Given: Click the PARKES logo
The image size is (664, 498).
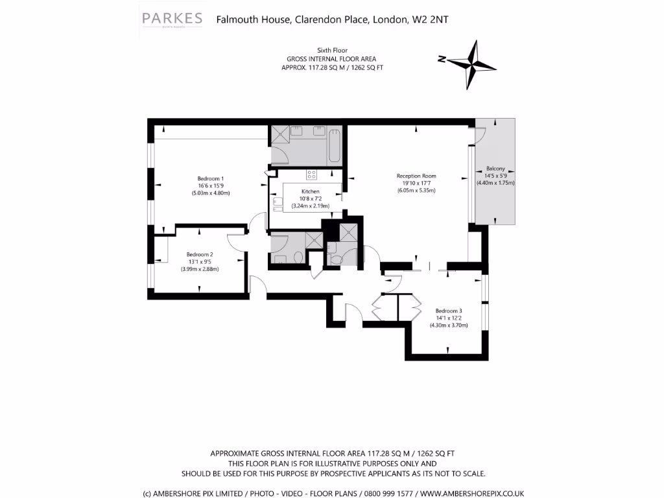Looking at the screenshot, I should (172, 21).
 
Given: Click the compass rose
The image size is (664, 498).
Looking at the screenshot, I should (473, 64).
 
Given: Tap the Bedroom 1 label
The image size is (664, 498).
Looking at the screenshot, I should (211, 179).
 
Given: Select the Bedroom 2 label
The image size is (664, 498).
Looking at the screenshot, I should (200, 254).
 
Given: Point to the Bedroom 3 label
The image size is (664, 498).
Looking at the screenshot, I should (449, 311).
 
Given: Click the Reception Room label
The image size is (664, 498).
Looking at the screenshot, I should (416, 176).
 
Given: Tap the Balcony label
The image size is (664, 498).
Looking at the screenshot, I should (495, 169).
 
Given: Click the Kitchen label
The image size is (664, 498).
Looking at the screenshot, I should (311, 191).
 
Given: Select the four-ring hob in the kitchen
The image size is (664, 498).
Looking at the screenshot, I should (312, 174).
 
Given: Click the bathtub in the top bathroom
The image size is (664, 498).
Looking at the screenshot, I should (335, 145).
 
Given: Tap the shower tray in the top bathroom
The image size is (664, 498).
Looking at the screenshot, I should (281, 132).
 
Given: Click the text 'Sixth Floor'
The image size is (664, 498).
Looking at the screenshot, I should (332, 50).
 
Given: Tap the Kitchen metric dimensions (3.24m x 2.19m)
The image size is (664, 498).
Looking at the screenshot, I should (311, 206).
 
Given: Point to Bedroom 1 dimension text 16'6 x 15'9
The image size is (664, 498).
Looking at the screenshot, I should (211, 186).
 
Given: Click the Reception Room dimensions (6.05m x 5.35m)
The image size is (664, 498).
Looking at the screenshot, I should (416, 190).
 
